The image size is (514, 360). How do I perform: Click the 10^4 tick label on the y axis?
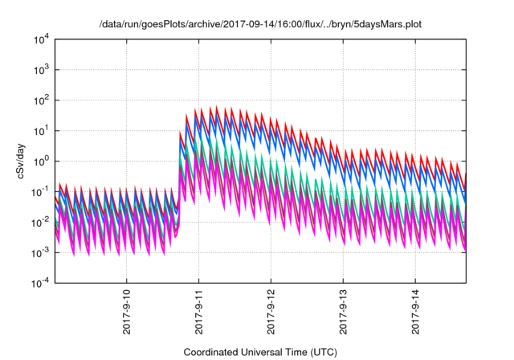pyautogui.click(x=41, y=39)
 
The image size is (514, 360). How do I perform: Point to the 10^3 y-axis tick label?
pyautogui.click(x=41, y=70)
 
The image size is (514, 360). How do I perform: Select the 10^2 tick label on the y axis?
pyautogui.click(x=41, y=100)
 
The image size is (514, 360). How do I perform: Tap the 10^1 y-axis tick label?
pyautogui.click(x=41, y=130)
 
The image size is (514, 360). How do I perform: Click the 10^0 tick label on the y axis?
pyautogui.click(x=41, y=161)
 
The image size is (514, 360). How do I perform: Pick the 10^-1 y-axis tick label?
pyautogui.click(x=40, y=191)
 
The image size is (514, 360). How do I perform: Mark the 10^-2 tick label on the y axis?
pyautogui.click(x=40, y=222)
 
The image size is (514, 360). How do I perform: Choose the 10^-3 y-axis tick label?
pyautogui.click(x=40, y=252)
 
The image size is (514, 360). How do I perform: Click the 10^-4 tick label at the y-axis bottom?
pyautogui.click(x=40, y=283)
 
